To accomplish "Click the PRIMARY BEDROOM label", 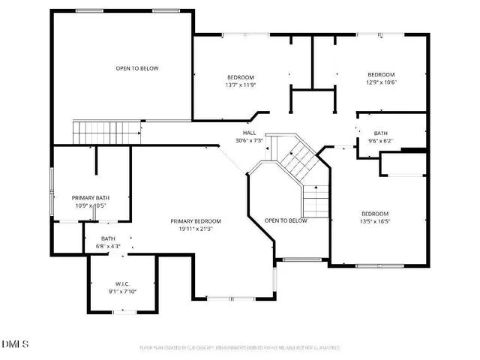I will click(196, 221).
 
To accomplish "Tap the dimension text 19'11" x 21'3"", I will click(196, 229).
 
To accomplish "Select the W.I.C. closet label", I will click(123, 284).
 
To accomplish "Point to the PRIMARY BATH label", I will click(91, 198).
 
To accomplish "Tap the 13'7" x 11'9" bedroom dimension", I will click(241, 85).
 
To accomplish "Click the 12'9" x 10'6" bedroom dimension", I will click(381, 82).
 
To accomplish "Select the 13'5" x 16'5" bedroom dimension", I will click(375, 222).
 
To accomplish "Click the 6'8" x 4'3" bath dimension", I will click(109, 246).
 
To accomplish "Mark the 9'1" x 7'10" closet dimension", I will click(123, 292).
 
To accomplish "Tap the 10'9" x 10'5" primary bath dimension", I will click(91, 206).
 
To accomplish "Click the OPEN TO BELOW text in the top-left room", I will click(137, 68).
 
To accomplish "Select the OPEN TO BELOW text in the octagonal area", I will click(286, 220).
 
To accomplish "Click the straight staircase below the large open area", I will click(107, 132).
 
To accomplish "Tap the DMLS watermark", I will click(15, 344).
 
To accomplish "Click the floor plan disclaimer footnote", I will click(241, 348).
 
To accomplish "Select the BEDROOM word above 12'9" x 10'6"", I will click(381, 74).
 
